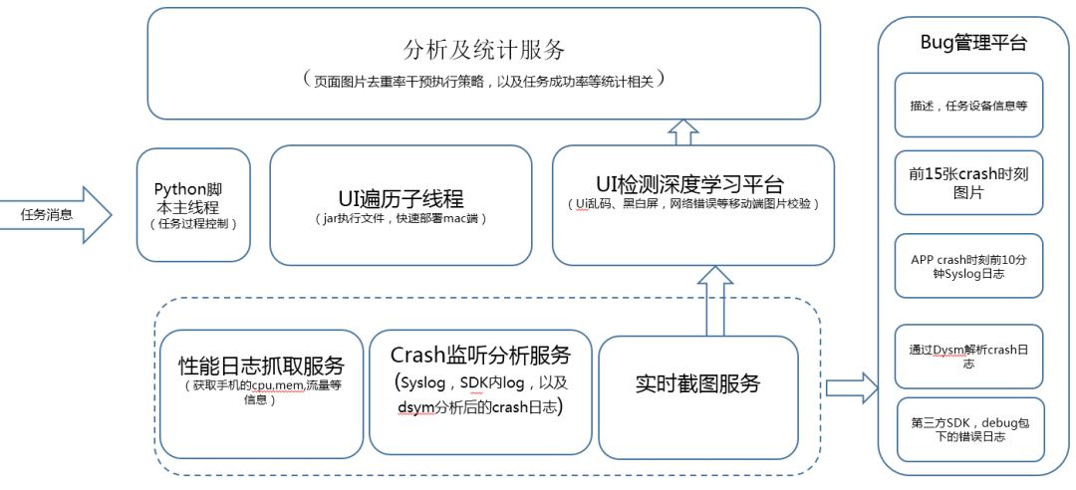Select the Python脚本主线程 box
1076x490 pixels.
(x=193, y=205)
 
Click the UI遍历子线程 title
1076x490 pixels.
(x=401, y=197)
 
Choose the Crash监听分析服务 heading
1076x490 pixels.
(x=480, y=356)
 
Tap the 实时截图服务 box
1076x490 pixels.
(x=697, y=383)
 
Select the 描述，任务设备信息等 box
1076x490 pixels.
(x=968, y=104)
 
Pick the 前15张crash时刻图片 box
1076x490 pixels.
(x=968, y=182)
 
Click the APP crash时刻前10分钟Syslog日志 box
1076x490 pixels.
(x=968, y=265)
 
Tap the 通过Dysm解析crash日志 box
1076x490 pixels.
(x=968, y=356)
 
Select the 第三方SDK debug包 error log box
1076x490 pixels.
(x=968, y=428)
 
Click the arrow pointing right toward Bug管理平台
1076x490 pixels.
(x=849, y=384)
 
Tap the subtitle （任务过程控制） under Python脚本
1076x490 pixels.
(x=193, y=224)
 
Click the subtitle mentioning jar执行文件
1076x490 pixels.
(x=401, y=219)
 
